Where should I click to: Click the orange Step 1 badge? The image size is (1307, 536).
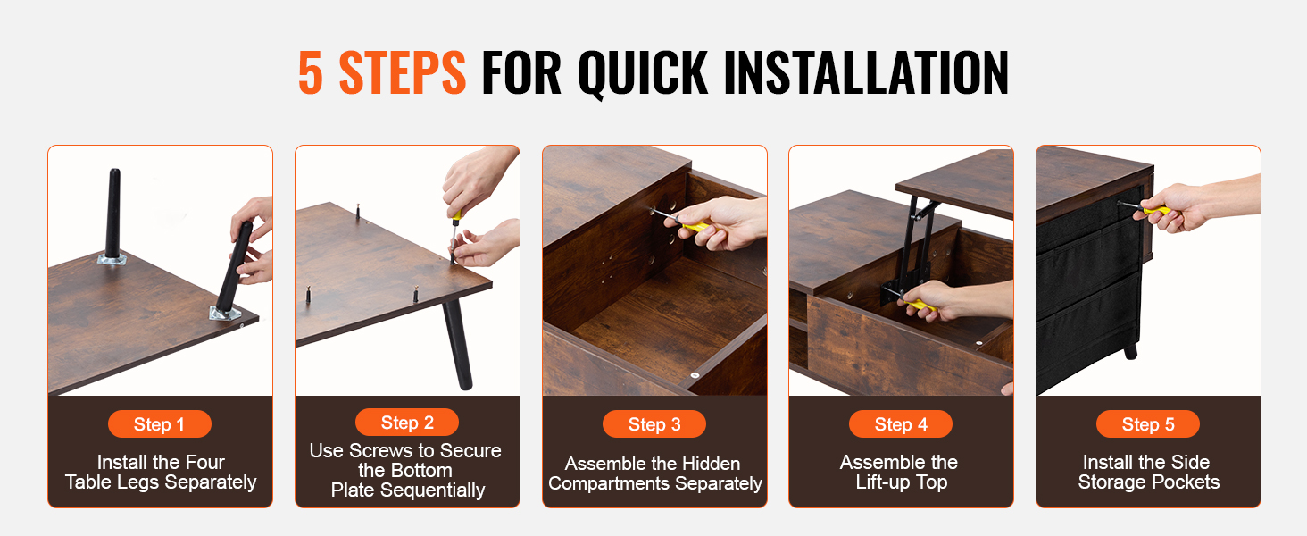point(159,424)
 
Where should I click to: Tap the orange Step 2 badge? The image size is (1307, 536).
point(407,423)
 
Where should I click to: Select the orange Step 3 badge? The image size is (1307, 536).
point(654,424)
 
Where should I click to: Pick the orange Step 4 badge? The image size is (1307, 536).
point(900,424)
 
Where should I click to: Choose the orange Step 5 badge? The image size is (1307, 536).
point(1148,424)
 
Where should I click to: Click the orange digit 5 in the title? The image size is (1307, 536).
point(311,72)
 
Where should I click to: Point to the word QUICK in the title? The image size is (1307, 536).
point(643,74)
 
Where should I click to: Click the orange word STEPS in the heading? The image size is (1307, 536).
point(402,72)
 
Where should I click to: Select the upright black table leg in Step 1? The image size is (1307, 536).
point(112,214)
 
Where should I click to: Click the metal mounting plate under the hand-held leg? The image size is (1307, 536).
point(226,314)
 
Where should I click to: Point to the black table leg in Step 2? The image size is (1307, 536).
point(457,345)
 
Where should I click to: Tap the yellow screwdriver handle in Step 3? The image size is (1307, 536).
point(695,225)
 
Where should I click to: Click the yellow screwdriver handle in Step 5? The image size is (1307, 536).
point(1156,210)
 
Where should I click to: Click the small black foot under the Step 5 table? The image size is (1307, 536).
point(1131,351)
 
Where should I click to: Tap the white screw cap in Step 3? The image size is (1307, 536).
point(695,375)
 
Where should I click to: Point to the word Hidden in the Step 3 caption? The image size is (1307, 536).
point(712,464)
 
